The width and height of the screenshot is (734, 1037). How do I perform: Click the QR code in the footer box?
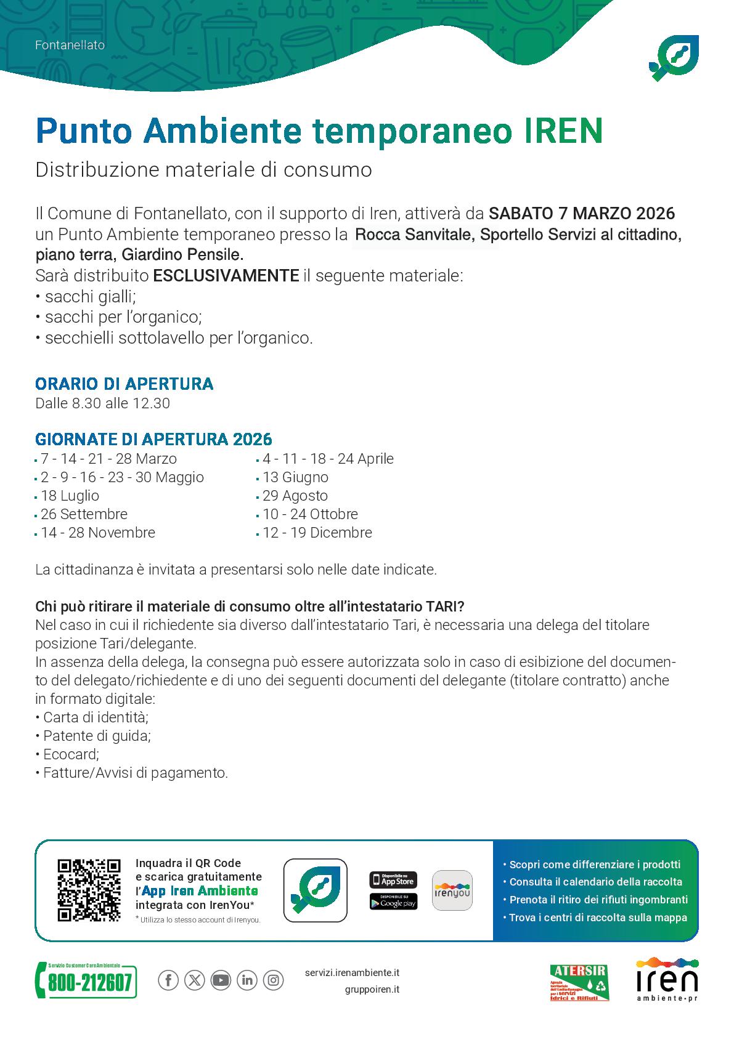[x=89, y=890]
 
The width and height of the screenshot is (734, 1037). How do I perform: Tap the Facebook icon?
[x=168, y=980]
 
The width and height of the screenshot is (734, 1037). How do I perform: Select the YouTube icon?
[x=221, y=980]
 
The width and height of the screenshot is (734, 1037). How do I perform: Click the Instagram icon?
[x=273, y=980]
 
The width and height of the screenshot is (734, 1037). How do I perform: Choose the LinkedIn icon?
[x=247, y=980]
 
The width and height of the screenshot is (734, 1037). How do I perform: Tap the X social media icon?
[x=195, y=980]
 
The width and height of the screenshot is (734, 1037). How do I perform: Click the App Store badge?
[x=393, y=879]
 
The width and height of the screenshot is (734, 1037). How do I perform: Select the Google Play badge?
[x=393, y=902]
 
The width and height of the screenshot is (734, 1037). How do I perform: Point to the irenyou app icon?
[x=452, y=890]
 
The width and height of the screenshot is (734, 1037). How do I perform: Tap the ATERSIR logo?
[x=578, y=983]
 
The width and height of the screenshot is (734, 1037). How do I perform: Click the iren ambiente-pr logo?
[x=667, y=980]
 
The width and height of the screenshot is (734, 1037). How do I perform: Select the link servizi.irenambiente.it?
[x=352, y=972]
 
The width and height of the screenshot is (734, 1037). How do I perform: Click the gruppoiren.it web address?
[x=372, y=990]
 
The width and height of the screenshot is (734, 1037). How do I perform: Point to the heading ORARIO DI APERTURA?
[x=124, y=384]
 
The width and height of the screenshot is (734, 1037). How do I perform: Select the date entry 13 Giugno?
[x=295, y=477]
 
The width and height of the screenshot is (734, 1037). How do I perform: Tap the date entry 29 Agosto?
[x=295, y=496]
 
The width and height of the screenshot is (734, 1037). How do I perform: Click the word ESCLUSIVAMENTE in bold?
[x=226, y=275]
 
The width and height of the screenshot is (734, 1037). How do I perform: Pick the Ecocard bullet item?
[x=70, y=754]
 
